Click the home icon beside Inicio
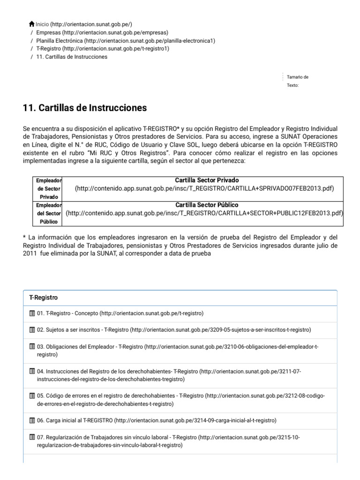pos(31,24)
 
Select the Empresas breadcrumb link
pos(49,32)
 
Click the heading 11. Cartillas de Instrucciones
pos(85,108)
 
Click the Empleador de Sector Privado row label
pos(50,188)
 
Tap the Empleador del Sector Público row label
pos(50,213)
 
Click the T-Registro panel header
pos(44,298)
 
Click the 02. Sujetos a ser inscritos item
pos(80,330)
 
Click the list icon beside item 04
pos(32,371)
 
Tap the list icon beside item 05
pos(32,396)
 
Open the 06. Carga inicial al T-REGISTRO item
pos(75,420)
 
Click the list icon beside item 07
pos(32,437)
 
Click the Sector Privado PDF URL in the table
pos(204,188)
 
